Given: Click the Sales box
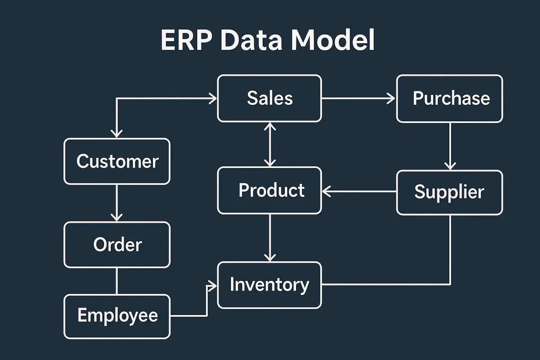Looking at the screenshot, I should pyautogui.click(x=269, y=98).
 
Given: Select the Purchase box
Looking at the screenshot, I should pyautogui.click(x=450, y=98).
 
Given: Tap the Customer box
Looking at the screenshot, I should pyautogui.click(x=117, y=161).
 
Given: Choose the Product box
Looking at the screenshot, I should pyautogui.click(x=269, y=190).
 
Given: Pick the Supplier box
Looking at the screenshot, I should pyautogui.click(x=450, y=192).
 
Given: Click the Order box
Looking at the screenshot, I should pyautogui.click(x=117, y=245).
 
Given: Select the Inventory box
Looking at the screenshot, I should pyautogui.click(x=269, y=285).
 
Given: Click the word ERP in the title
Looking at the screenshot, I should pyautogui.click(x=186, y=40).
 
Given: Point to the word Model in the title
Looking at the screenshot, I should pyautogui.click(x=333, y=40).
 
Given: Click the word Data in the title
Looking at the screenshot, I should pyautogui.click(x=251, y=40).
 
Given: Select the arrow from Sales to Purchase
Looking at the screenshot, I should pyautogui.click(x=359, y=98).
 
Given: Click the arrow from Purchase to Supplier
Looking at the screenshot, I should pyautogui.click(x=450, y=146).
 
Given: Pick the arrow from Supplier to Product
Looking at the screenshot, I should pyautogui.click(x=359, y=192).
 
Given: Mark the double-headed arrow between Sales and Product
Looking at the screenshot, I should pyautogui.click(x=270, y=144).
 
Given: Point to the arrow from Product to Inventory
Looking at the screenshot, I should pyautogui.click(x=270, y=237).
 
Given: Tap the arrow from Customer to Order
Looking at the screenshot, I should pyautogui.click(x=117, y=202).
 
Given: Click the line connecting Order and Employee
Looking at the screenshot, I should pyautogui.click(x=117, y=281).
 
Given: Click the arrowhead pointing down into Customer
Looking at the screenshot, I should pyautogui.click(x=117, y=133).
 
